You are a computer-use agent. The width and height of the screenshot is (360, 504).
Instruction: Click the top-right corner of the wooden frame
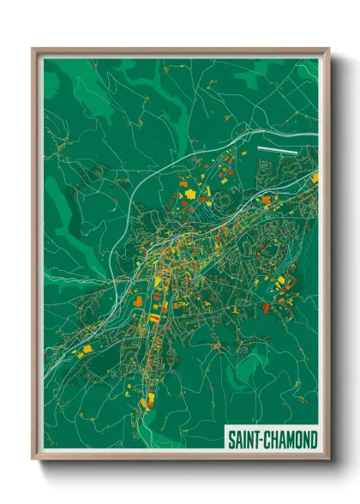pyautogui.click(x=327, y=50)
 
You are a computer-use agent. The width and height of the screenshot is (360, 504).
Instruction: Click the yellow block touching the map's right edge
pyautogui.click(x=315, y=178)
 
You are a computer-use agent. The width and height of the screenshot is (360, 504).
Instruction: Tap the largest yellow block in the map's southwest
pyautogui.click(x=84, y=351)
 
